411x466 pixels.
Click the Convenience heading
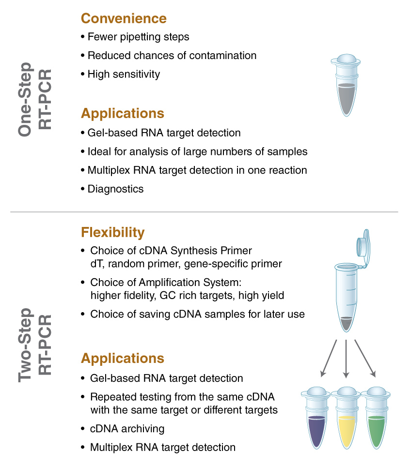[124, 18]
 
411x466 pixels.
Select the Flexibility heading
[112, 232]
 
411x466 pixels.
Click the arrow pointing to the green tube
[365, 358]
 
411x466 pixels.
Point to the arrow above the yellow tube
[346, 359]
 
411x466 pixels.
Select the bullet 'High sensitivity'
[124, 74]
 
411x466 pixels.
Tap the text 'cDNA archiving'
[127, 429]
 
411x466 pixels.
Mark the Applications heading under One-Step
[123, 113]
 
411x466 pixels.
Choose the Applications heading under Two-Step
[123, 358]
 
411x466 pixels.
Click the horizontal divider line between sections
[204, 212]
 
